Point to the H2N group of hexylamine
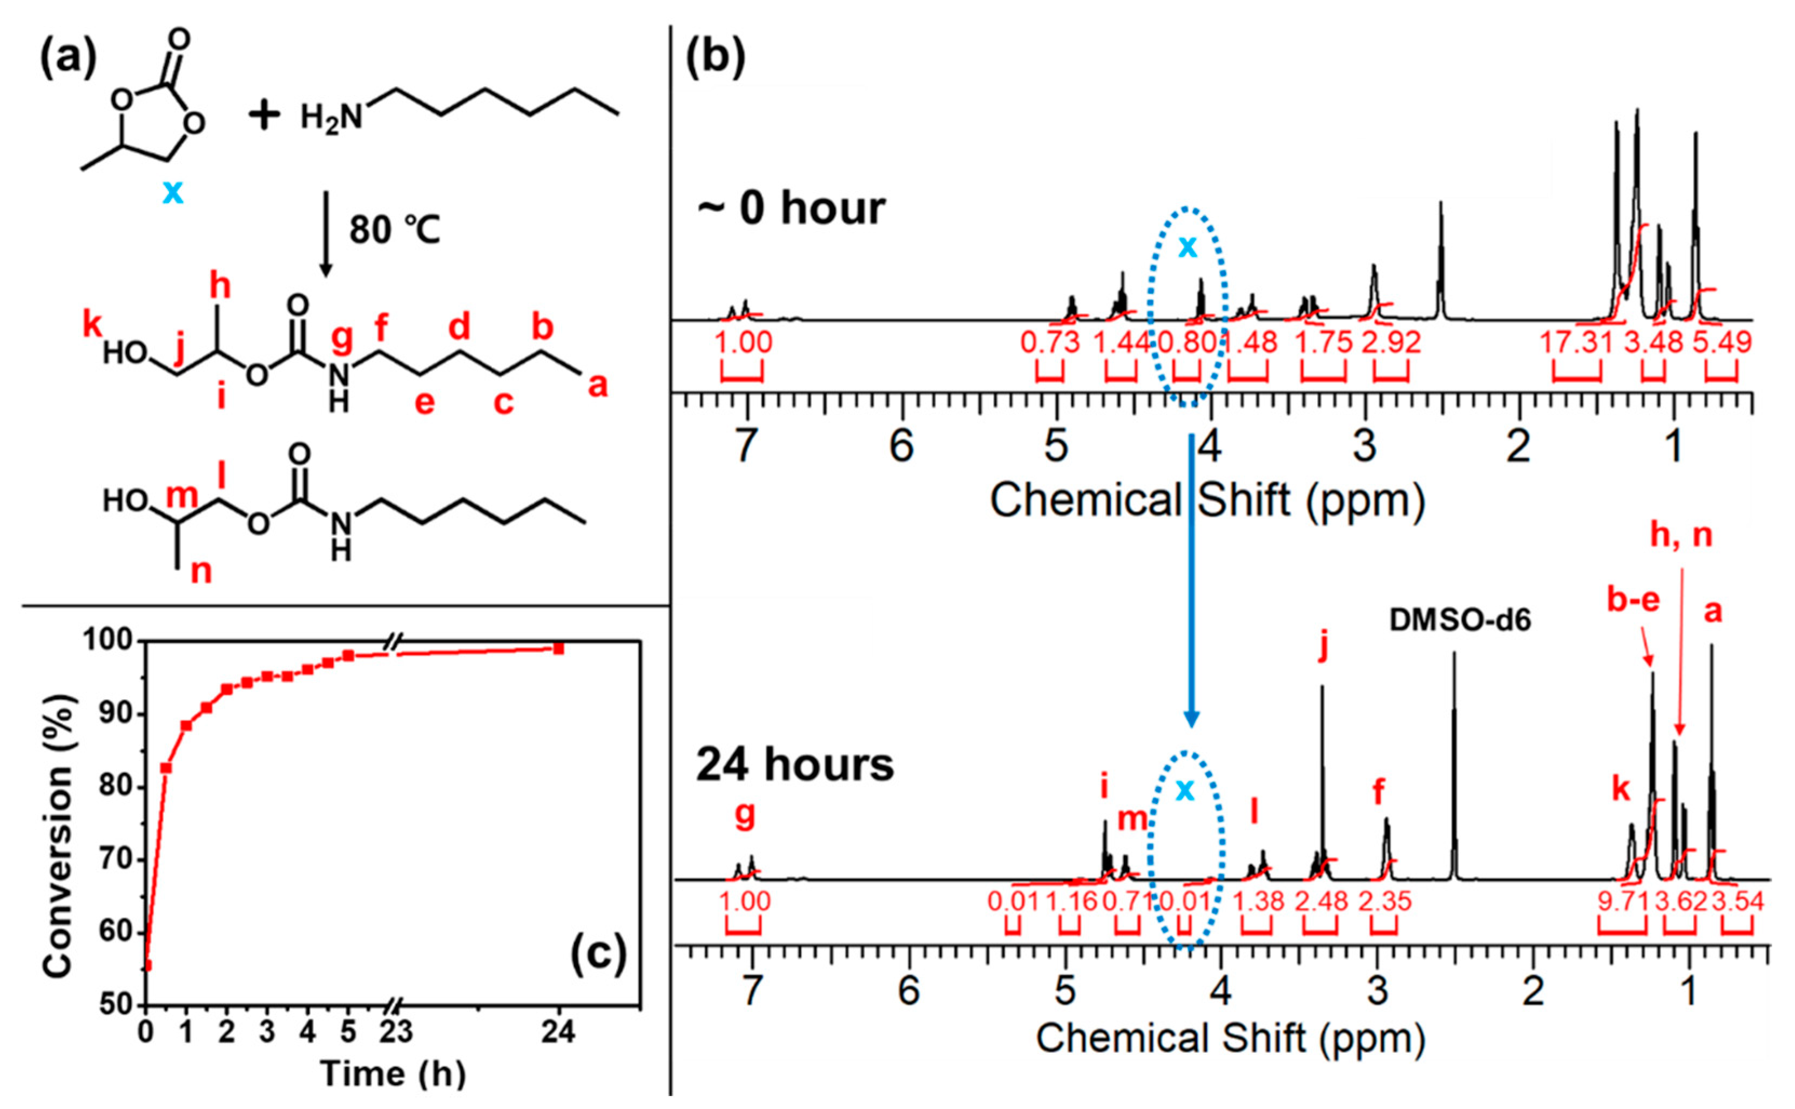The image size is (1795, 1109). (x=332, y=117)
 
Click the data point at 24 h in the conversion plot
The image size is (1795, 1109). (x=559, y=648)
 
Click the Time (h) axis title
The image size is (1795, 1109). (x=393, y=1074)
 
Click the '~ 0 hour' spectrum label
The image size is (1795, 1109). (x=791, y=208)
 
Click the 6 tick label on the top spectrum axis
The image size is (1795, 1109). (x=901, y=446)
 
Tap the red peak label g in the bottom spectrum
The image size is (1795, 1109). (x=745, y=815)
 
